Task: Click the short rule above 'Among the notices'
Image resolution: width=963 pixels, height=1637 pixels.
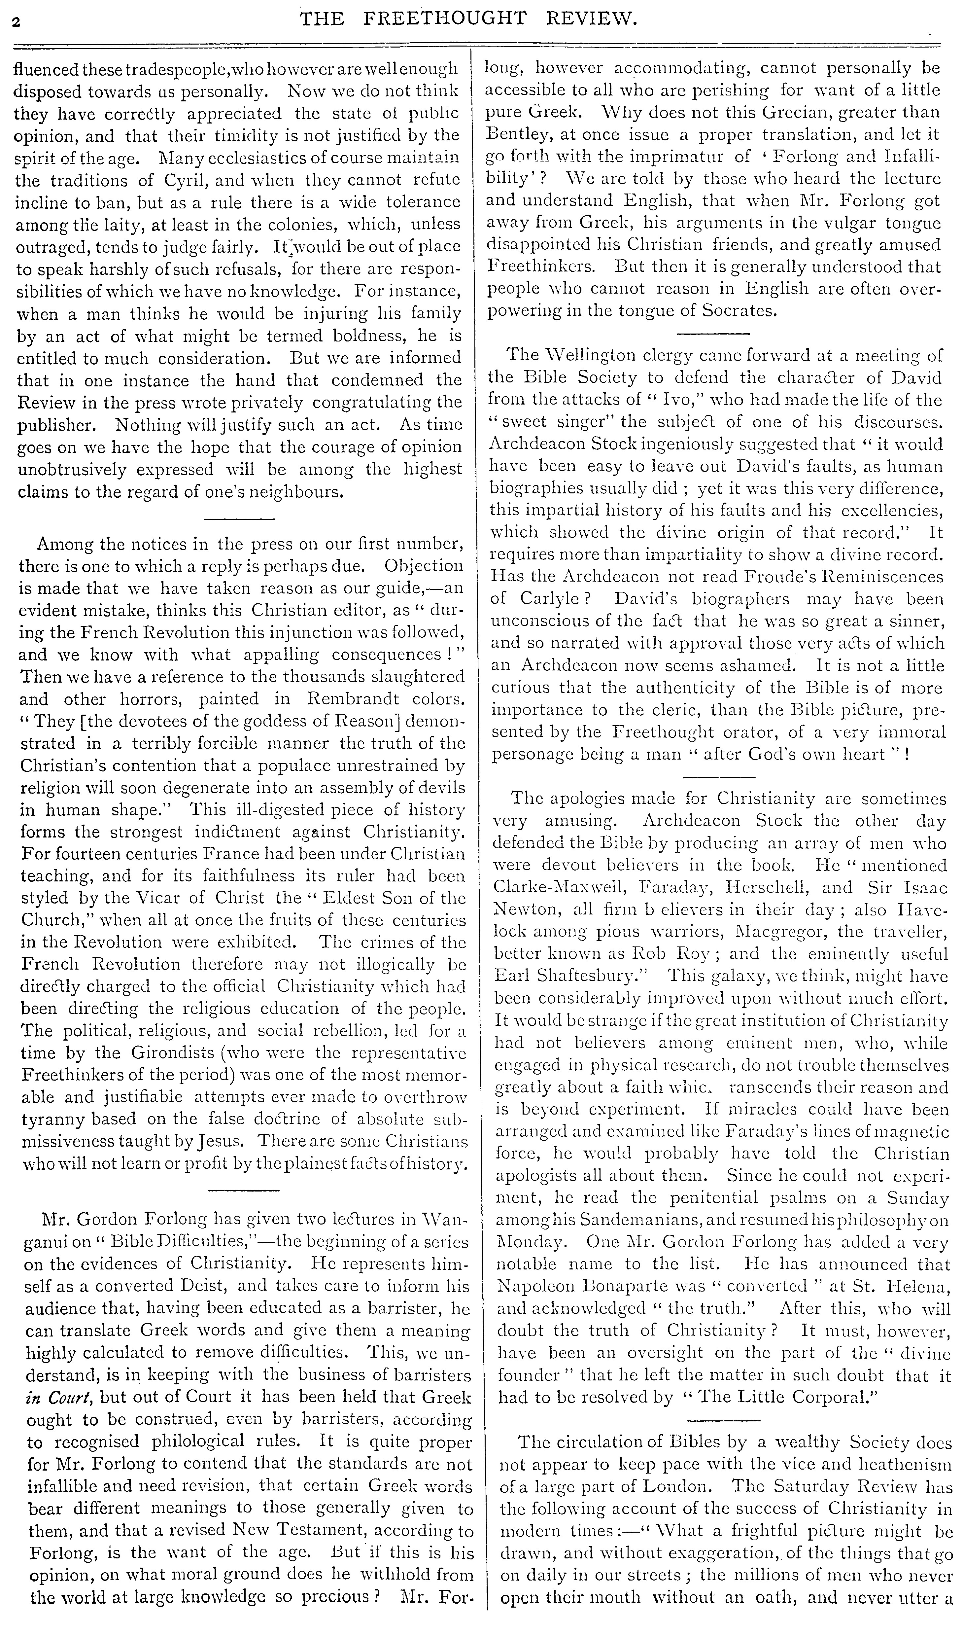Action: click(x=240, y=518)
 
